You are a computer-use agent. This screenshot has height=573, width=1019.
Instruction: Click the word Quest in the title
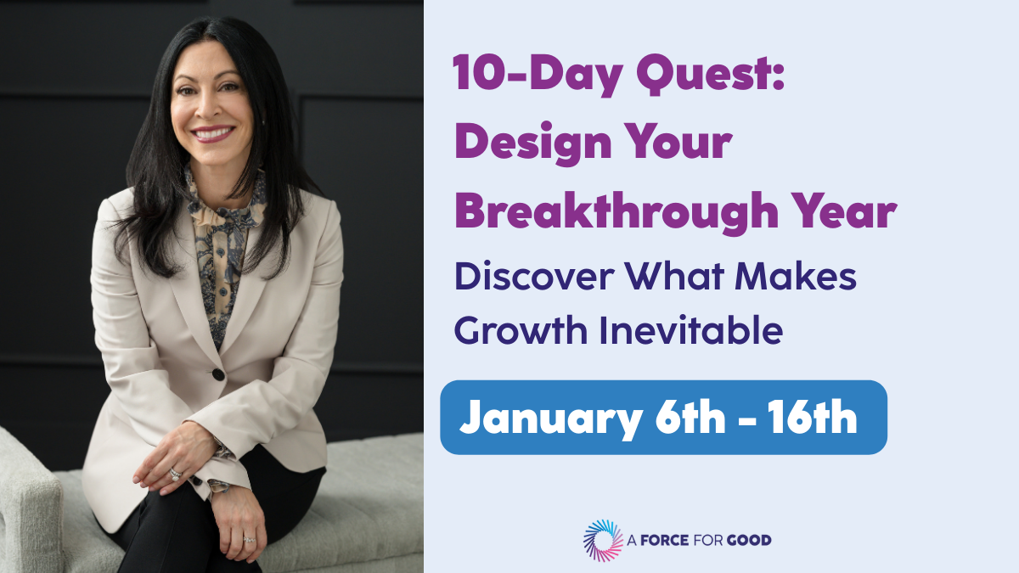(710, 74)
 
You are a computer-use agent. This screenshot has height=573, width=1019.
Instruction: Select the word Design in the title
(533, 143)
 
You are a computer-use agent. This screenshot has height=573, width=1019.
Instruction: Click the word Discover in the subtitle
(534, 276)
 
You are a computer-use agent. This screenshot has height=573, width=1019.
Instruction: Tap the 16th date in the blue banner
(813, 416)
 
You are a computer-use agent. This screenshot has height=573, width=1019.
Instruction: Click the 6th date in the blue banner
(690, 416)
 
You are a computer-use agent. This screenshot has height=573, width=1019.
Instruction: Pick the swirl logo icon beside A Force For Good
(603, 540)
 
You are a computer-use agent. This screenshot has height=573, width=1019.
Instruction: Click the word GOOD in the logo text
(749, 540)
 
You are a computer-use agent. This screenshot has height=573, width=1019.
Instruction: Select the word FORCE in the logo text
(664, 540)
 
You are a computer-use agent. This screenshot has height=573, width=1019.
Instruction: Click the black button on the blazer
(218, 374)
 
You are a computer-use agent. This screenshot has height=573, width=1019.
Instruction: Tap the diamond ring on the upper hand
(175, 475)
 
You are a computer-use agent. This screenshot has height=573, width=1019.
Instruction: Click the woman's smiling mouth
(213, 134)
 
